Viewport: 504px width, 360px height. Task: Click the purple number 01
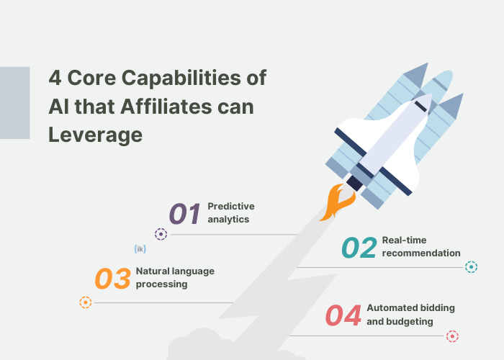184,214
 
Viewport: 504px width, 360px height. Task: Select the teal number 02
359,247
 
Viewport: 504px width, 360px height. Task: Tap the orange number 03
113,279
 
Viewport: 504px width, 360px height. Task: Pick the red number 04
343,316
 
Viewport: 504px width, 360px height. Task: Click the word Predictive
231,207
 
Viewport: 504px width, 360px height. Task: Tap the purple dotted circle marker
161,234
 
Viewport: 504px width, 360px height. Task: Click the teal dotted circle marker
472,267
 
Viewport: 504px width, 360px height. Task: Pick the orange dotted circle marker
86,302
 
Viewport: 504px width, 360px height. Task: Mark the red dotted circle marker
452,336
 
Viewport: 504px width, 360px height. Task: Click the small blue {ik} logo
140,249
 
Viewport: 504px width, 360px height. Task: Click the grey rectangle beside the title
14,102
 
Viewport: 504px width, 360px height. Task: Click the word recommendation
421,253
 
